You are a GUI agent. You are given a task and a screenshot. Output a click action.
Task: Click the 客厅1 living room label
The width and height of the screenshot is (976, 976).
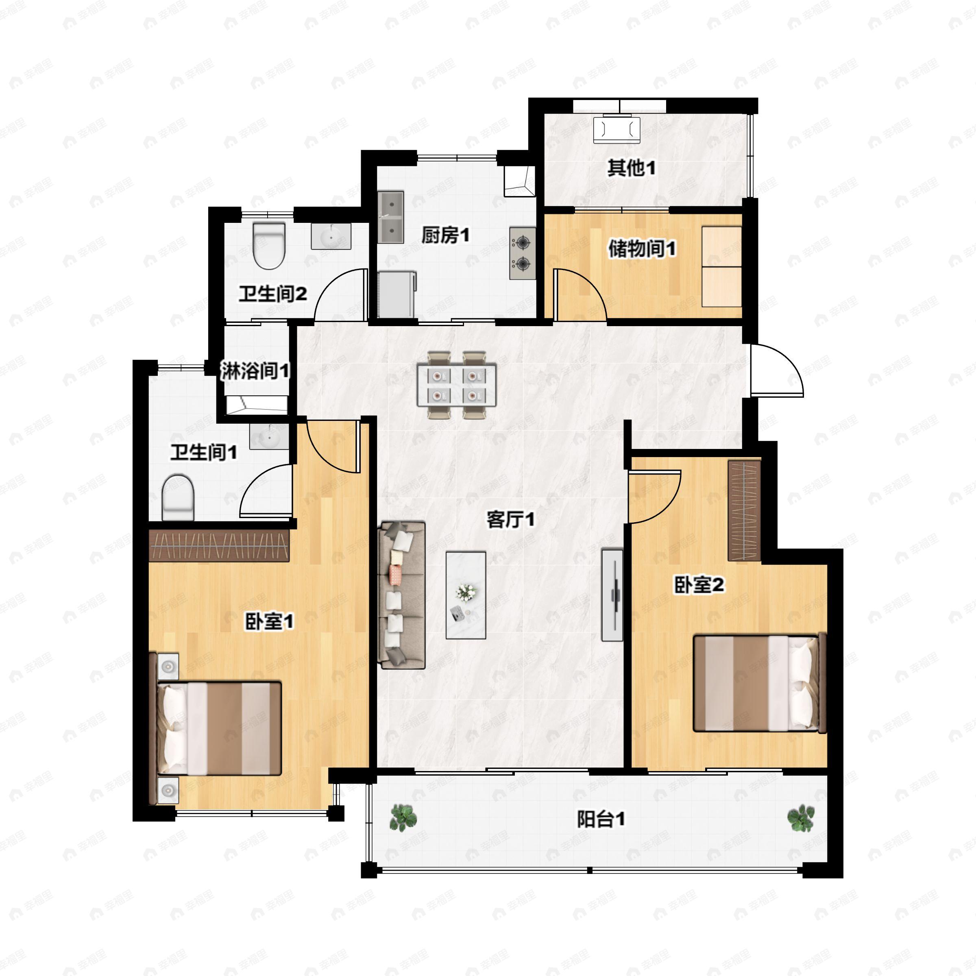coord(510,519)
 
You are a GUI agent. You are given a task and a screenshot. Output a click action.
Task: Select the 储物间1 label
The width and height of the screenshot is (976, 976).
coord(642,248)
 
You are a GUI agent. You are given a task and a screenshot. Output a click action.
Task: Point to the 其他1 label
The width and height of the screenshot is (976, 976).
coord(632,168)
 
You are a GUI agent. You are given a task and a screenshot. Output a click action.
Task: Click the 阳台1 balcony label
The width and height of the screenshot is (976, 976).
coord(601,819)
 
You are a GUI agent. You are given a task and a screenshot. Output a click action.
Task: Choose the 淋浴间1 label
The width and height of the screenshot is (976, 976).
coord(255,371)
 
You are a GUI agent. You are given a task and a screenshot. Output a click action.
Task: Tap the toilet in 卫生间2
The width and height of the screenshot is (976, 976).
coord(269,246)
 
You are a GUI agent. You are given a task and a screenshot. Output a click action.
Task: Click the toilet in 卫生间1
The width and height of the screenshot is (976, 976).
coord(178,497)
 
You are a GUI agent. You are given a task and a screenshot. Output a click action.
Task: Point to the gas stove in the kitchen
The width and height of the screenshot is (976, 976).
coord(522,253)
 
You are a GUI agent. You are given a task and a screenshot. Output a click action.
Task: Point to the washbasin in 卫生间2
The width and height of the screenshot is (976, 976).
coord(330,236)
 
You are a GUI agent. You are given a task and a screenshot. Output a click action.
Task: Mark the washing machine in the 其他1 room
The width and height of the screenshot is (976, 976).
coord(617,130)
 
